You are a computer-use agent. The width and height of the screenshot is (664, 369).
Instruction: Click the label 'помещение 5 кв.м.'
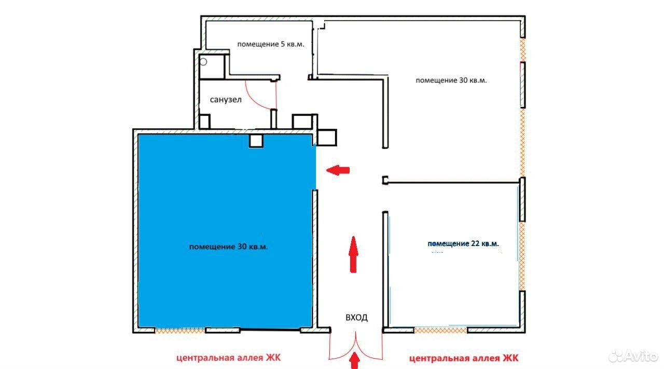(271, 45)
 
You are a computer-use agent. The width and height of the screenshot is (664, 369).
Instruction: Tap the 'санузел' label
(226, 100)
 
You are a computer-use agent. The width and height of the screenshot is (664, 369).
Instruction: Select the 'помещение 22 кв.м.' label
(463, 244)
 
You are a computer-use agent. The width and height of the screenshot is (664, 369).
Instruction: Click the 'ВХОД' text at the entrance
(356, 318)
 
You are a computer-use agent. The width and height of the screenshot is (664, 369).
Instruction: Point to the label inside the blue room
(229, 247)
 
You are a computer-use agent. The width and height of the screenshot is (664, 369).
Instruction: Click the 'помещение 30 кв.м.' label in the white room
(451, 80)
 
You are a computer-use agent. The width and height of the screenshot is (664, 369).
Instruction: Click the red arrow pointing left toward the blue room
(338, 170)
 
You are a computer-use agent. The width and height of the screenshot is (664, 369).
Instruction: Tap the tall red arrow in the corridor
(353, 254)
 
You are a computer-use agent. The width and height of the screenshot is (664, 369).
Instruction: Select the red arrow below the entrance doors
(354, 360)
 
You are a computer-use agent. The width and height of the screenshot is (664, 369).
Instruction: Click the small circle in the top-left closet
(203, 62)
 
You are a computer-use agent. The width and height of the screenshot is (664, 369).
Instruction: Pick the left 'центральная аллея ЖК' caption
(228, 358)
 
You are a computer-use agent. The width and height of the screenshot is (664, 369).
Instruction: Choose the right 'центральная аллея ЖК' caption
(464, 358)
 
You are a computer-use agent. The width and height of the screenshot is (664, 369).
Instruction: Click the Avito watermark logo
(633, 356)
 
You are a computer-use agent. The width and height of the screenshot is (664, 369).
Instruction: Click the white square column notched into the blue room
(256, 141)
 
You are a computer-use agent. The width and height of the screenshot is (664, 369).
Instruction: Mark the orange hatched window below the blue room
(180, 330)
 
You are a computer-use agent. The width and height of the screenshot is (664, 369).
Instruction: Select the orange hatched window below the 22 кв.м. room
(440, 331)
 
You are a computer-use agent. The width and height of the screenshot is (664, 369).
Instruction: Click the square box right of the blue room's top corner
(327, 138)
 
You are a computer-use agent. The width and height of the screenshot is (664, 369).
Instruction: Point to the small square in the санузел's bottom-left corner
(204, 121)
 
